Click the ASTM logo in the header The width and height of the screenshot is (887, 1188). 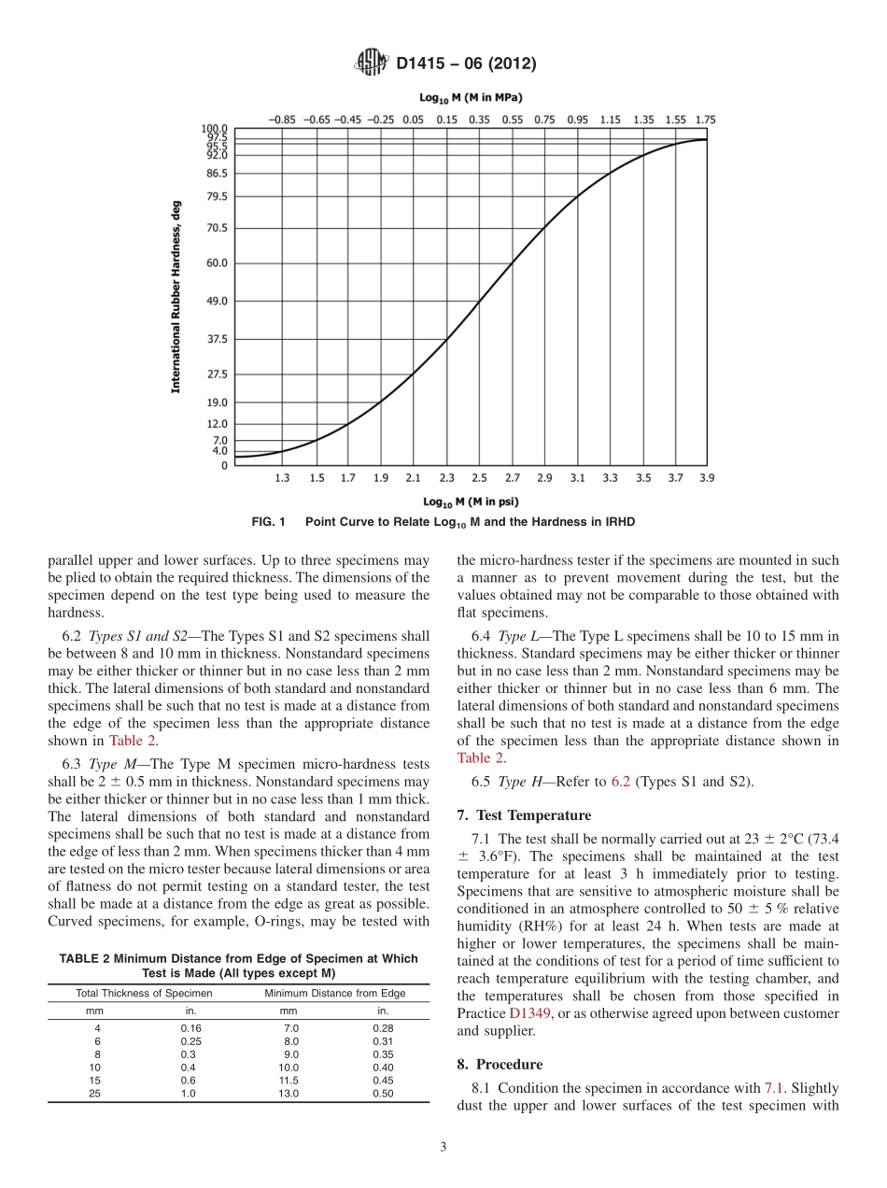372,64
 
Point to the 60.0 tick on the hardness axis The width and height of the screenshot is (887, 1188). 216,262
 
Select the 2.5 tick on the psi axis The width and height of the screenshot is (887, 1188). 479,478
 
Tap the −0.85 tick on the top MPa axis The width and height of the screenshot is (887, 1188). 282,120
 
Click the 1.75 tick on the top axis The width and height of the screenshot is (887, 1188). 705,120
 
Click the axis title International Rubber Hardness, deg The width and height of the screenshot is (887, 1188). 176,296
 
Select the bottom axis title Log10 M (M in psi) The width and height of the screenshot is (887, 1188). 471,502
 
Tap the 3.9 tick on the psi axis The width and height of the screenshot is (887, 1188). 706,478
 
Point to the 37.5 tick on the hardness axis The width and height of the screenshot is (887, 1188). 216,339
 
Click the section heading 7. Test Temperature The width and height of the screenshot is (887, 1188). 524,815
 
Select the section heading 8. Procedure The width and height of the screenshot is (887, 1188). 500,1064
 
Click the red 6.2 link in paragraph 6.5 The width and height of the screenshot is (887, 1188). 620,782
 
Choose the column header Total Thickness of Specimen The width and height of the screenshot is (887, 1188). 144,993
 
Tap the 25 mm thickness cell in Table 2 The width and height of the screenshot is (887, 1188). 94,1094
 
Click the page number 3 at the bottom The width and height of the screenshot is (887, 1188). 443,1148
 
